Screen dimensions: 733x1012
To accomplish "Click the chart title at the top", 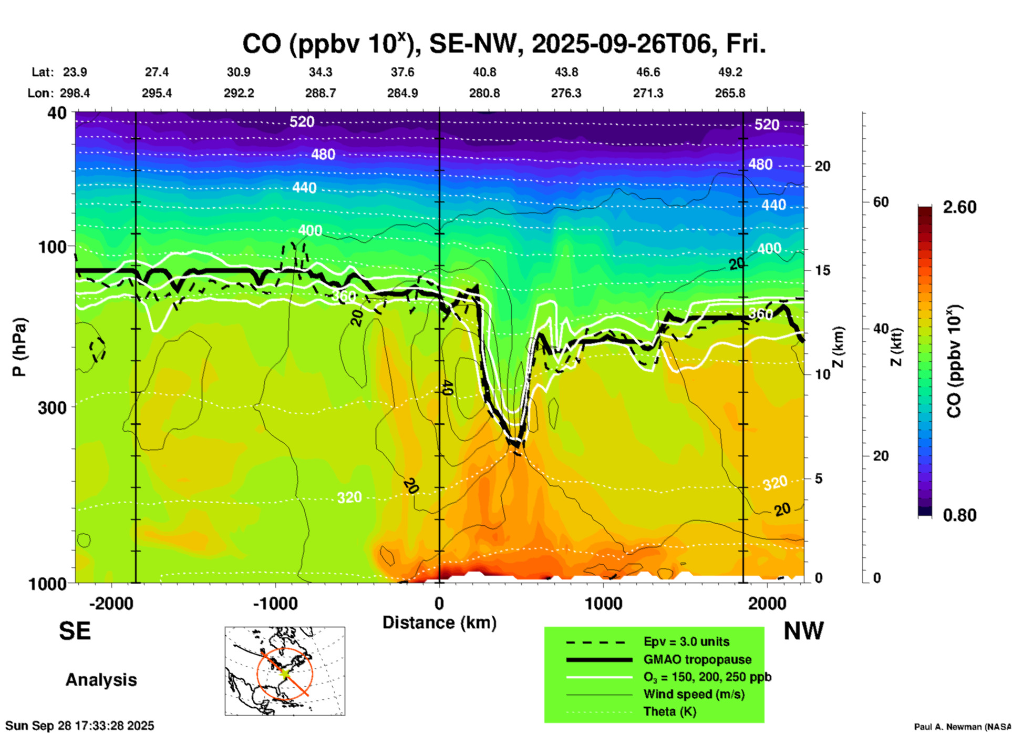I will [503, 44].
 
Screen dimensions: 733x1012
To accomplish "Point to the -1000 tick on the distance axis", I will [275, 604].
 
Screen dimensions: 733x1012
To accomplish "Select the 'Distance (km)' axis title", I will [439, 623].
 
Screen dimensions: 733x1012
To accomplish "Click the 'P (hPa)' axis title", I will [19, 347].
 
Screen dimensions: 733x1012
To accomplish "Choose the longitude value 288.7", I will [321, 93].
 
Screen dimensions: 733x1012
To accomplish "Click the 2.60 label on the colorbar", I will [959, 207].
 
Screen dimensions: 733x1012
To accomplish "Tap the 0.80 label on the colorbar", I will [959, 515].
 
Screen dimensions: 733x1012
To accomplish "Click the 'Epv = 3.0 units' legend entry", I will [686, 642].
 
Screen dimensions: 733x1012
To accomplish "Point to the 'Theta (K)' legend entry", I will [669, 712].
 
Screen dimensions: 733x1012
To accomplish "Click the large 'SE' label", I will [75, 631].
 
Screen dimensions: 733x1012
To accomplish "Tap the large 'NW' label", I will [803, 631].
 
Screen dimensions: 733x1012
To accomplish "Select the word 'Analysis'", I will [101, 680].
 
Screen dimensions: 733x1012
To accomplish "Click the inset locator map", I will [285, 671].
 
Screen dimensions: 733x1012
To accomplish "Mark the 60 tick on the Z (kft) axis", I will [881, 202].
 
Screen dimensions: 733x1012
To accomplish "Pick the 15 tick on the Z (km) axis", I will [822, 270].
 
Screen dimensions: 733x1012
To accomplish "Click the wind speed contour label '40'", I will [447, 388].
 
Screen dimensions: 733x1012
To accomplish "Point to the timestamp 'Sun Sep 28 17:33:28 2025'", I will [80, 726].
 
